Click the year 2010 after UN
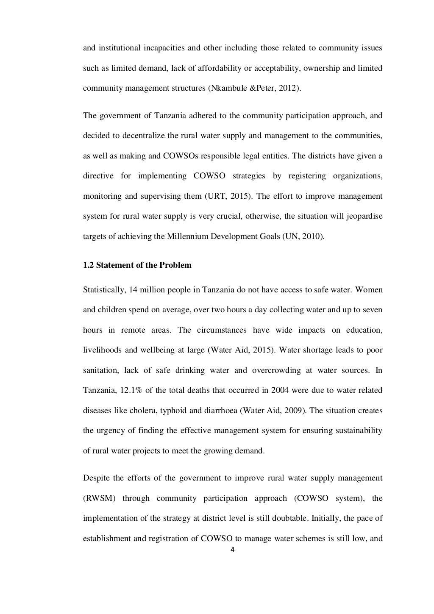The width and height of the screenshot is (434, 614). pos(314,236)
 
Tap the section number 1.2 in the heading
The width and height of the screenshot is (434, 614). pos(88,265)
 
